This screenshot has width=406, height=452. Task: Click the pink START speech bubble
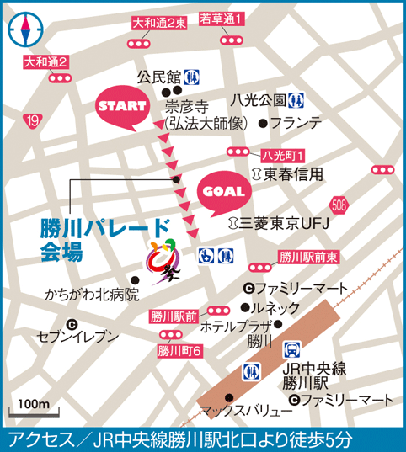coord(123,107)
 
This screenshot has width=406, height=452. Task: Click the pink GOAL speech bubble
coord(223,192)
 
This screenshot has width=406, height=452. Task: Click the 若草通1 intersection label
coord(222,18)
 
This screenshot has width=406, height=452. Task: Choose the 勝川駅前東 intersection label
coord(307,258)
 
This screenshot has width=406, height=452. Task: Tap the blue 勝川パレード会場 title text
coord(100,238)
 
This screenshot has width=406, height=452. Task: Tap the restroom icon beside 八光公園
coord(296,98)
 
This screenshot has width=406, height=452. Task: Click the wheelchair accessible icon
coord(205,254)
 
